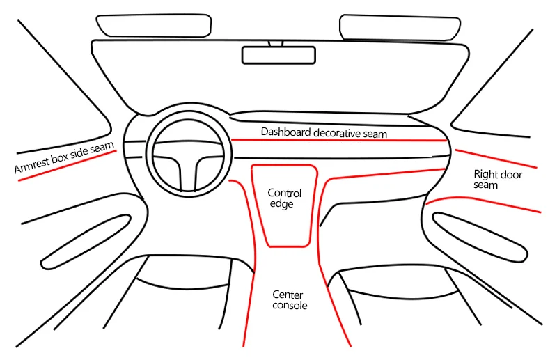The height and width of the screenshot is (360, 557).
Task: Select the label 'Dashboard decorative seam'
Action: [323, 132]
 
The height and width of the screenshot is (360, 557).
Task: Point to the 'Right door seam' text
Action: [498, 180]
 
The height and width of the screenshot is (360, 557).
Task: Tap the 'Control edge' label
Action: [285, 198]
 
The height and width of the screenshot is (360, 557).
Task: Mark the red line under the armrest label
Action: [68, 166]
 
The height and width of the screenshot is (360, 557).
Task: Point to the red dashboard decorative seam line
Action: [338, 140]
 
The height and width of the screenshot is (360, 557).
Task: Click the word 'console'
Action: [290, 305]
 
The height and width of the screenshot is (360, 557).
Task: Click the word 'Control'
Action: [285, 193]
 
